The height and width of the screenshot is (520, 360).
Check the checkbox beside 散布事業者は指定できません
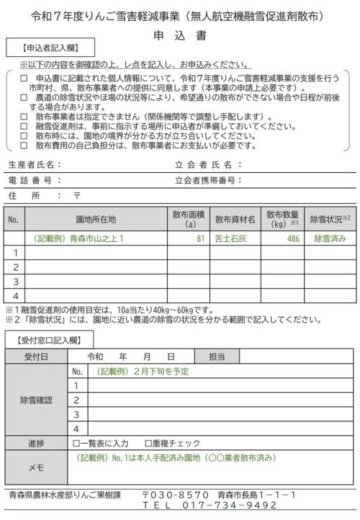pos(24,117)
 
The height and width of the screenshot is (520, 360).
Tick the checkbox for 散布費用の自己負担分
pos(24,144)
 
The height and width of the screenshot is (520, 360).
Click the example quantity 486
pos(293,238)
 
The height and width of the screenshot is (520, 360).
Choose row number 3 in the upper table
pos(14,281)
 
